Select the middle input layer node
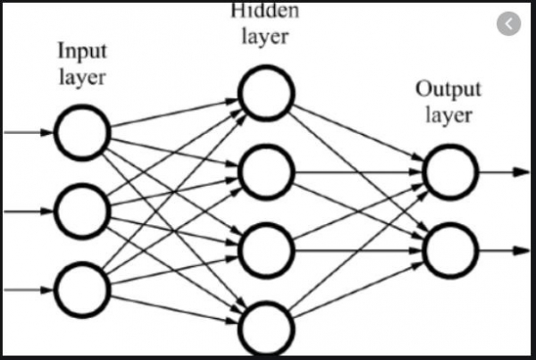tap(81, 210)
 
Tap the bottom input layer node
tap(81, 289)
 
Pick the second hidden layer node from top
tap(265, 167)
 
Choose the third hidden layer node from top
tap(265, 244)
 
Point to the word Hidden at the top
tap(266, 12)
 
